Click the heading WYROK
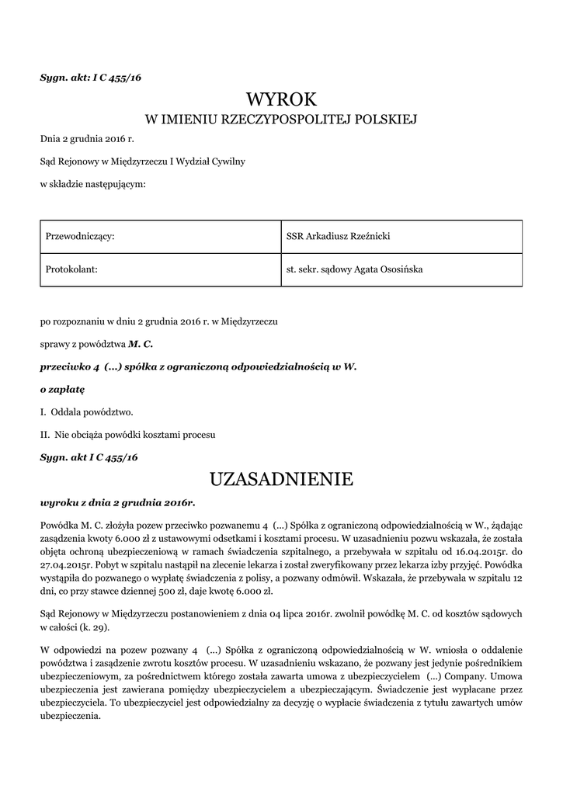[x=281, y=99]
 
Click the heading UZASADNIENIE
[x=281, y=479]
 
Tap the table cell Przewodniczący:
[x=81, y=236]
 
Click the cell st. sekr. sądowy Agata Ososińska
[x=355, y=269]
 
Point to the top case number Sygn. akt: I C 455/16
[x=90, y=78]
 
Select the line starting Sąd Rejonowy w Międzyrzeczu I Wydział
[x=143, y=161]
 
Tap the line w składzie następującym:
[x=93, y=183]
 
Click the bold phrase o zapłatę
[x=61, y=387]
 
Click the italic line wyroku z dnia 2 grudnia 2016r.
[x=117, y=502]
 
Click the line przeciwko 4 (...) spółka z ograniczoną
[x=197, y=365]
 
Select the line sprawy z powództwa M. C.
[x=96, y=342]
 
